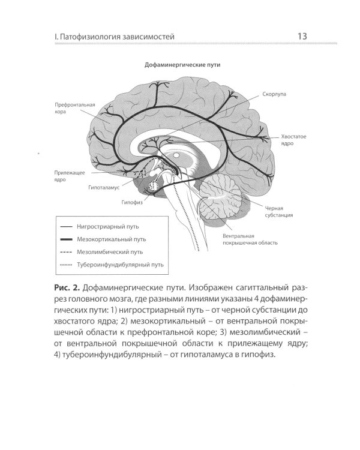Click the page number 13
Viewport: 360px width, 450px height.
tap(302, 37)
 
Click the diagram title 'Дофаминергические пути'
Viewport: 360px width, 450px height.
tap(182, 65)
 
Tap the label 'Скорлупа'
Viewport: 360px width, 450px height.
tap(274, 94)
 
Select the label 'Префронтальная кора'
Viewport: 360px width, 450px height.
tap(74, 108)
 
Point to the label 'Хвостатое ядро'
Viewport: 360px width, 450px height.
tap(293, 140)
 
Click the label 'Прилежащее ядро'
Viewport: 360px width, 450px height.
tap(70, 176)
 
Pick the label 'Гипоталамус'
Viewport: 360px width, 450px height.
tap(104, 188)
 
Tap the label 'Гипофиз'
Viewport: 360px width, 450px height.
tap(132, 202)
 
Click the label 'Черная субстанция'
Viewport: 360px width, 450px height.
tap(279, 212)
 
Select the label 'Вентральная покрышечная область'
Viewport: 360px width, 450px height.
tap(250, 239)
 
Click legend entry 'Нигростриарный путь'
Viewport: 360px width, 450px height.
tap(107, 226)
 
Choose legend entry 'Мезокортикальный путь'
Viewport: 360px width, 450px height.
tap(112, 239)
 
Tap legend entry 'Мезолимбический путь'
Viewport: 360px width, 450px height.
tap(110, 252)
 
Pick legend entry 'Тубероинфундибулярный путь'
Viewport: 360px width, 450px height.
tap(120, 265)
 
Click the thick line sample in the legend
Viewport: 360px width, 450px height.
tap(66, 239)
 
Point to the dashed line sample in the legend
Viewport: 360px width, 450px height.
tap(66, 252)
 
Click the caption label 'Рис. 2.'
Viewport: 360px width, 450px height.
tap(67, 287)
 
